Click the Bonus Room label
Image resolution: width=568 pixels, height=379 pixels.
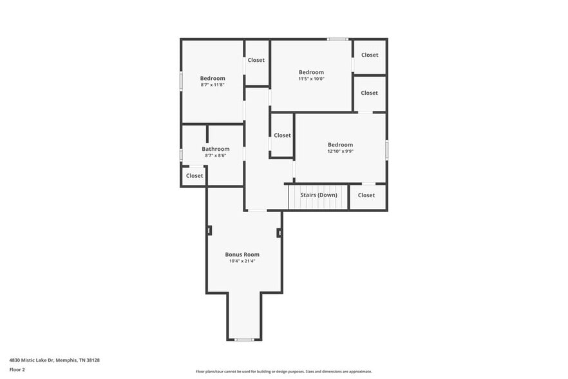click(242, 255)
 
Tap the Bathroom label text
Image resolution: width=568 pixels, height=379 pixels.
click(215, 149)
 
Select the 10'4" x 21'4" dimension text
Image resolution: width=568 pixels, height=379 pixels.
click(242, 262)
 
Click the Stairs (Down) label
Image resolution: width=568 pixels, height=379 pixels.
click(318, 195)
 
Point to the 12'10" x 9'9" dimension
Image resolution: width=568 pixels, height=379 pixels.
click(340, 151)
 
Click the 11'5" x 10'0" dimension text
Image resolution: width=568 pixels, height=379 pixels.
click(311, 79)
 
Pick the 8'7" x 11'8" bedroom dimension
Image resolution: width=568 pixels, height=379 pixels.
click(213, 85)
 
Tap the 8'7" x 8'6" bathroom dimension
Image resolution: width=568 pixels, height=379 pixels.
click(215, 155)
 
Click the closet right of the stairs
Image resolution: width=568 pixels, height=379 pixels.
click(366, 195)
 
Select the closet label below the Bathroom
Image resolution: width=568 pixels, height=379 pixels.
click(194, 176)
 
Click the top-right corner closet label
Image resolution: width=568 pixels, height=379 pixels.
click(370, 55)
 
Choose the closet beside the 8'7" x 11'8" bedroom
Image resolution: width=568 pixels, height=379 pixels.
click(256, 61)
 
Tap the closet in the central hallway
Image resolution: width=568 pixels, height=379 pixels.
click(282, 136)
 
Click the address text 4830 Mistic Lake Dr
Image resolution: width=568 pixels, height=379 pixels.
click(54, 360)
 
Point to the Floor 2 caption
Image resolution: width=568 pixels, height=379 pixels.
click(17, 370)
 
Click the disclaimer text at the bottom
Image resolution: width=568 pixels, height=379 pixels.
click(283, 371)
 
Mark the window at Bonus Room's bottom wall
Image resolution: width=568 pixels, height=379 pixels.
click(244, 340)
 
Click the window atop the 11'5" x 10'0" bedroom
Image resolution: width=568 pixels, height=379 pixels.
click(337, 39)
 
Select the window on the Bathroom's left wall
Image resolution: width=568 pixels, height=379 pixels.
click(181, 155)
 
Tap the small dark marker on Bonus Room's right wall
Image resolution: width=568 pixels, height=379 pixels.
click(279, 233)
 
